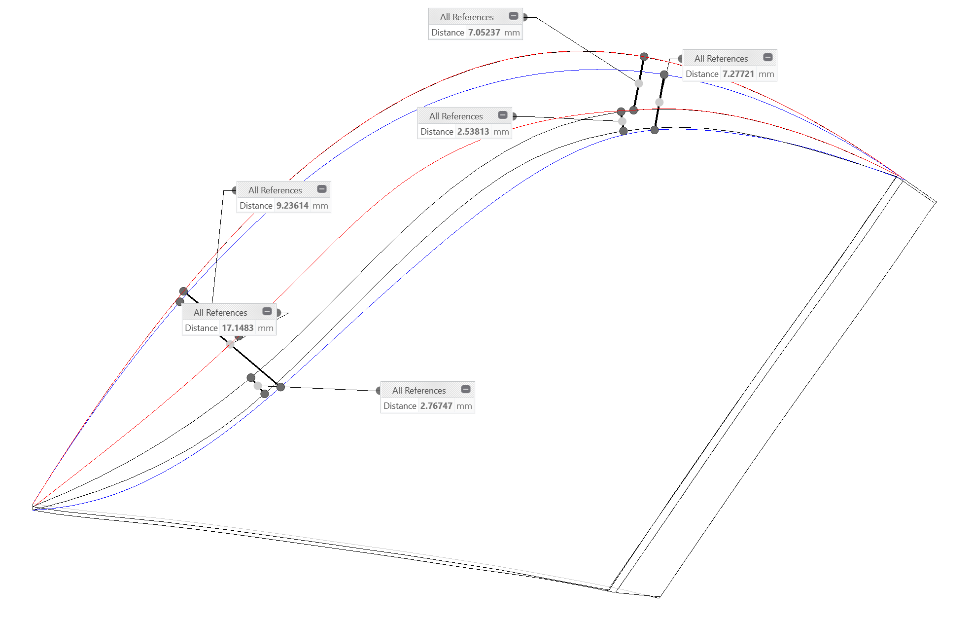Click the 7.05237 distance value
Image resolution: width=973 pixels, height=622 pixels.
(484, 33)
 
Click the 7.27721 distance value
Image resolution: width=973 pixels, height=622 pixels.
(738, 74)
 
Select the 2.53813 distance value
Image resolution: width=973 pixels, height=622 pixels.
(473, 132)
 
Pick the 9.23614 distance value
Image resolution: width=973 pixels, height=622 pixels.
(292, 206)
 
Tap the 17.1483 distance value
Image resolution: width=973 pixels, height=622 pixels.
(237, 328)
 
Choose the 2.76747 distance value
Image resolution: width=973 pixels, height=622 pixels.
(436, 406)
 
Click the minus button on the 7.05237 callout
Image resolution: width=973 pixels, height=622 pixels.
(513, 16)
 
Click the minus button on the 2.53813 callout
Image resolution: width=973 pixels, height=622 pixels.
(502, 115)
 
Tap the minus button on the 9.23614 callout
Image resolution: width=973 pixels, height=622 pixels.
(321, 189)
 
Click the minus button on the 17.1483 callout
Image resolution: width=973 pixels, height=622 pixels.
(267, 312)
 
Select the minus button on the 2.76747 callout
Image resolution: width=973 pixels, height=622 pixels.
(465, 390)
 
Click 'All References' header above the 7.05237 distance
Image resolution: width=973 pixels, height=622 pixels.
(466, 17)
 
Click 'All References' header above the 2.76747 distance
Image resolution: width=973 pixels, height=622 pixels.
(418, 391)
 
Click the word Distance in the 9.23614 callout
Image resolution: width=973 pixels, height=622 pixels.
(256, 206)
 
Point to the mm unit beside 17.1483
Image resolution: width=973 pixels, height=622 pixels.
(265, 328)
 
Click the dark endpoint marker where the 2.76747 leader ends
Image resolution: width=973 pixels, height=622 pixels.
(280, 387)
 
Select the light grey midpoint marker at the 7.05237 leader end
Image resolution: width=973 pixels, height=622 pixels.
(639, 83)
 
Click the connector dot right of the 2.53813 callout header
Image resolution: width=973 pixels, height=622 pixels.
(514, 116)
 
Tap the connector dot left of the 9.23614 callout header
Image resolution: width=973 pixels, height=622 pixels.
(235, 190)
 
